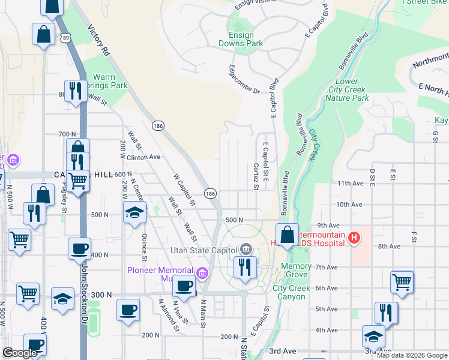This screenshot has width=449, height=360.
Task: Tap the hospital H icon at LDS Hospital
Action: pyautogui.click(x=354, y=238)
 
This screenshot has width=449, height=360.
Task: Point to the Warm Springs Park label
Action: pyautogui.click(x=110, y=82)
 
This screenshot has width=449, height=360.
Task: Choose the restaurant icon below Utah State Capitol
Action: pyautogui.click(x=244, y=267)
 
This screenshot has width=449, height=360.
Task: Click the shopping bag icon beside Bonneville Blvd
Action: pyautogui.click(x=288, y=234)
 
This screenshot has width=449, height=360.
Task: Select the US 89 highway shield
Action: pyautogui.click(x=65, y=37)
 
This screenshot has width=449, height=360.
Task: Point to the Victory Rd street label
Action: pyautogui.click(x=99, y=40)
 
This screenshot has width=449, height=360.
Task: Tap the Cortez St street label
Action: pyautogui.click(x=256, y=176)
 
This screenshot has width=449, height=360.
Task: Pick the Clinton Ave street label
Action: pyautogui.click(x=144, y=157)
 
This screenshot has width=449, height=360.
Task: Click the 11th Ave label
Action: pyautogui.click(x=351, y=184)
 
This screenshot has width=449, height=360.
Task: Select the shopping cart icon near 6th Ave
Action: pyautogui.click(x=402, y=281)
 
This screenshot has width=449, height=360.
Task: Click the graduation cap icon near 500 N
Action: pyautogui.click(x=134, y=212)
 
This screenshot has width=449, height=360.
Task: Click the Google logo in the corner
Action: pyautogui.click(x=20, y=353)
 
